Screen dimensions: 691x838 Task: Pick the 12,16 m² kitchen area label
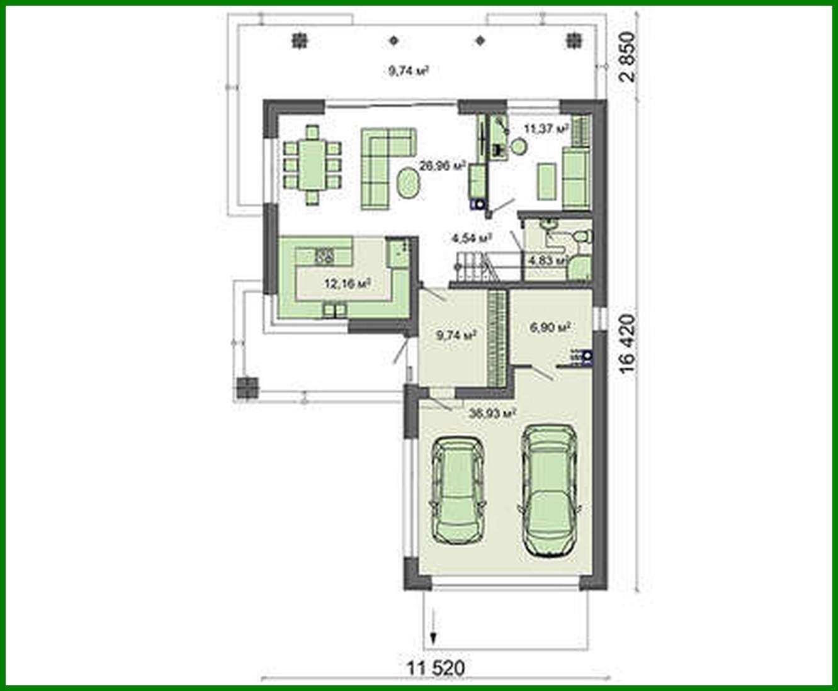point(346,283)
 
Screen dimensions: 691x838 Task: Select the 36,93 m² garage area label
point(493,413)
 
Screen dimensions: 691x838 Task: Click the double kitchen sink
point(326,256)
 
